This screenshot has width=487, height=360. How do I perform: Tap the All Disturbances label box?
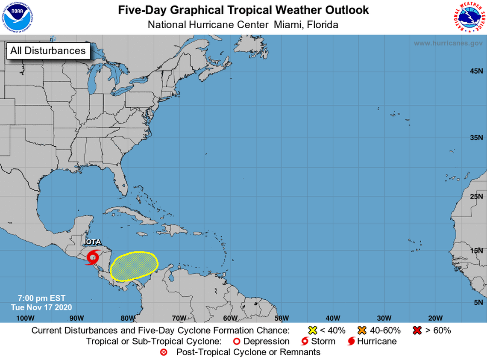tap(48, 50)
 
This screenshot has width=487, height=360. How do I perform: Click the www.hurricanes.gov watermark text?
tap(448, 43)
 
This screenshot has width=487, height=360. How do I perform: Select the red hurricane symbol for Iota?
tap(93, 257)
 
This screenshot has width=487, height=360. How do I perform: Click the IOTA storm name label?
tap(93, 242)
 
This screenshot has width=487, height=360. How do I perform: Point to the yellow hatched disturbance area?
tap(134, 266)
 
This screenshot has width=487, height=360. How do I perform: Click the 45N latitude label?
tap(476, 71)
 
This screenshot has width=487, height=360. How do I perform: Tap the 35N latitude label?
tap(476, 138)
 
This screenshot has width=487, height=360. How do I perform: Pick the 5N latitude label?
tap(478, 302)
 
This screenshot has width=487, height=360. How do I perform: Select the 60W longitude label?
tap(230, 318)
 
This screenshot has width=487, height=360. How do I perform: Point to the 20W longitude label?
tap(435, 318)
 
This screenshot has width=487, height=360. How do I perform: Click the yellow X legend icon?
tap(313, 330)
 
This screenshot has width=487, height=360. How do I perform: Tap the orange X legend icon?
tap(362, 330)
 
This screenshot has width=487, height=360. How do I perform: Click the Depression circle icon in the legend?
tap(236, 342)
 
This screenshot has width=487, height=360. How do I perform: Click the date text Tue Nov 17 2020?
tap(42, 307)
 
